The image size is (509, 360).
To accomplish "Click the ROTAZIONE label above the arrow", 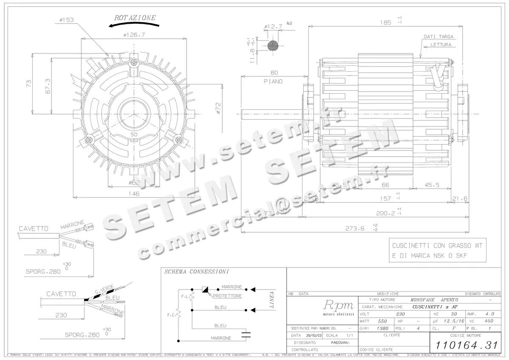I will (135, 18).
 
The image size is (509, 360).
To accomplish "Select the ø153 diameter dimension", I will (66, 20).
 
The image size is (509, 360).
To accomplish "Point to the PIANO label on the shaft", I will (273, 81).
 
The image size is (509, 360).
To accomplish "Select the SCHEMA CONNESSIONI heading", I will (196, 272).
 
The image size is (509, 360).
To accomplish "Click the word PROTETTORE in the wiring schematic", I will (227, 296).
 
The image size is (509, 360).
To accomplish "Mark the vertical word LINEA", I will (272, 299).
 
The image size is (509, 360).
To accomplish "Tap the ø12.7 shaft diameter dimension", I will (274, 27).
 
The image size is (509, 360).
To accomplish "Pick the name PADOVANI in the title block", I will (338, 342).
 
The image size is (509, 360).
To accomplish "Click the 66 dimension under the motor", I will (386, 185).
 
